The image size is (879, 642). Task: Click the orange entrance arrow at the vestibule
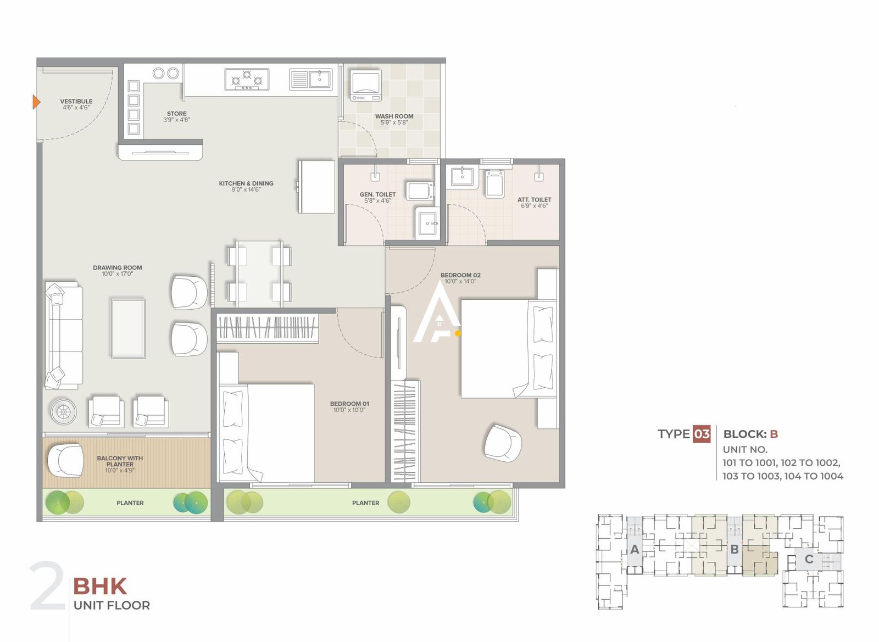pyautogui.click(x=36, y=102)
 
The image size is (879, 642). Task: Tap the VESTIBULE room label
pyautogui.click(x=76, y=102)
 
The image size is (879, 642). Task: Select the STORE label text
pyautogui.click(x=176, y=114)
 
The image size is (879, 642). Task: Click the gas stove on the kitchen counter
pyautogui.click(x=247, y=80)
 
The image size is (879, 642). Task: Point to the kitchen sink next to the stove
pyautogui.click(x=311, y=80)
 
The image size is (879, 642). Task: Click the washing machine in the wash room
pyautogui.click(x=366, y=85)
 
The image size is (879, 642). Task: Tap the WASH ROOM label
pyautogui.click(x=394, y=116)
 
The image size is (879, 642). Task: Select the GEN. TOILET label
pyautogui.click(x=377, y=194)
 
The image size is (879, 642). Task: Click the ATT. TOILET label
pyautogui.click(x=534, y=200)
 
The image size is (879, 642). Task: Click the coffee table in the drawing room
pyautogui.click(x=129, y=328)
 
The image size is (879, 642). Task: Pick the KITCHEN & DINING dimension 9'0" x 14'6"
pyautogui.click(x=246, y=190)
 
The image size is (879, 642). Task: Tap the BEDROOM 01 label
pyautogui.click(x=349, y=404)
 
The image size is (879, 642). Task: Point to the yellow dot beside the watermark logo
pyautogui.click(x=458, y=333)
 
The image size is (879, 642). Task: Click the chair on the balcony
pyautogui.click(x=65, y=460)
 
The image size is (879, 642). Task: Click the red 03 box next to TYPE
pyautogui.click(x=702, y=434)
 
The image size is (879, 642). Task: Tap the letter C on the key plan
pyautogui.click(x=809, y=559)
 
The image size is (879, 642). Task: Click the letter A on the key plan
pyautogui.click(x=635, y=549)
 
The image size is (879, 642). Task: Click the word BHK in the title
pyautogui.click(x=100, y=587)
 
